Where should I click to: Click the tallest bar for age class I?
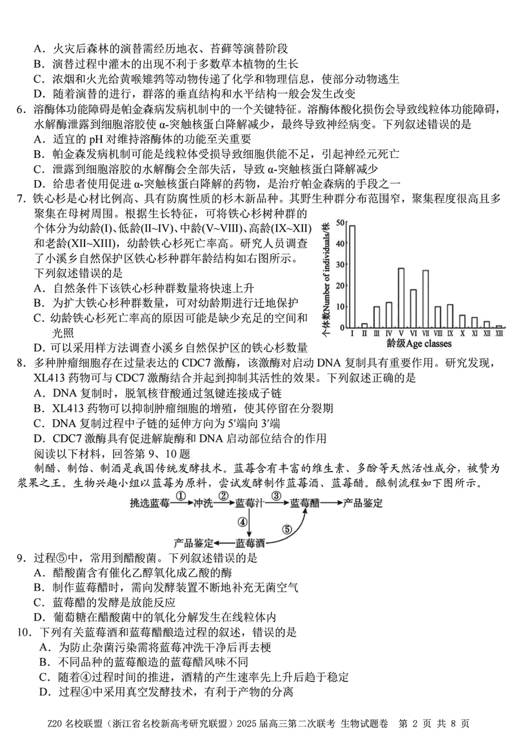[352, 277]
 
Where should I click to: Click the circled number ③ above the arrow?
[275, 496]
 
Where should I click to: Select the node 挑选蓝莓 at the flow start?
[150, 503]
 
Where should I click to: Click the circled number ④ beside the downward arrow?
[243, 521]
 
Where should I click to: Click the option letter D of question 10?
[44, 692]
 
